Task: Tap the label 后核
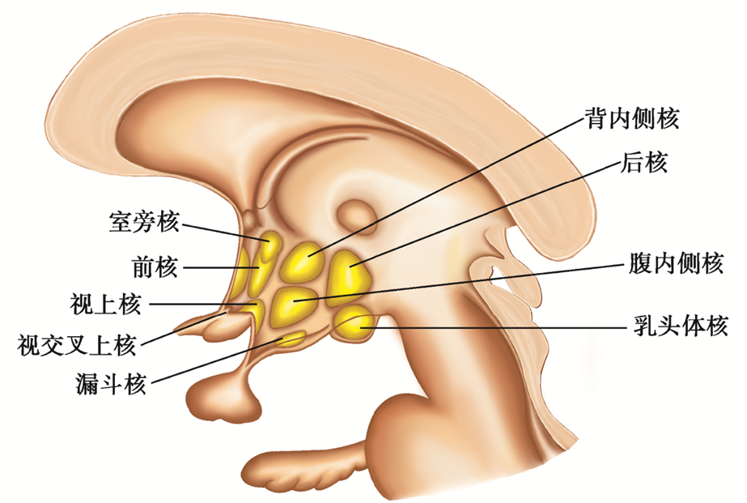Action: tap(644, 164)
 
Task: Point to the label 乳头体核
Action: tap(680, 326)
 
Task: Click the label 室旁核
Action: tap(144, 221)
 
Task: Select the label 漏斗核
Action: tap(108, 384)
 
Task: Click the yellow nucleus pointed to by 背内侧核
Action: tap(305, 261)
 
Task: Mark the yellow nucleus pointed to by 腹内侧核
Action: tap(295, 304)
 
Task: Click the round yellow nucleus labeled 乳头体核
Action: tap(354, 325)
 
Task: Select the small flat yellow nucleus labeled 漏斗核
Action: tap(289, 338)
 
